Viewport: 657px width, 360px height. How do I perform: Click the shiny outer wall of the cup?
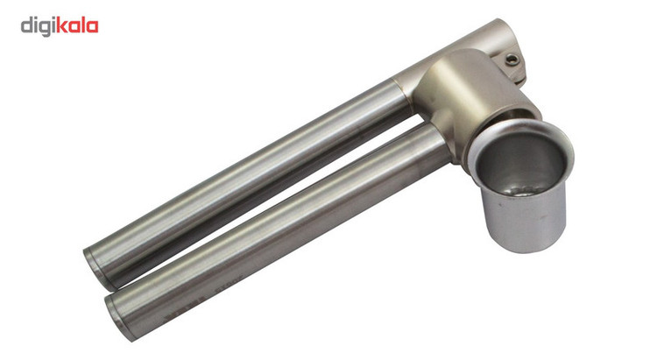coord(524,222)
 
